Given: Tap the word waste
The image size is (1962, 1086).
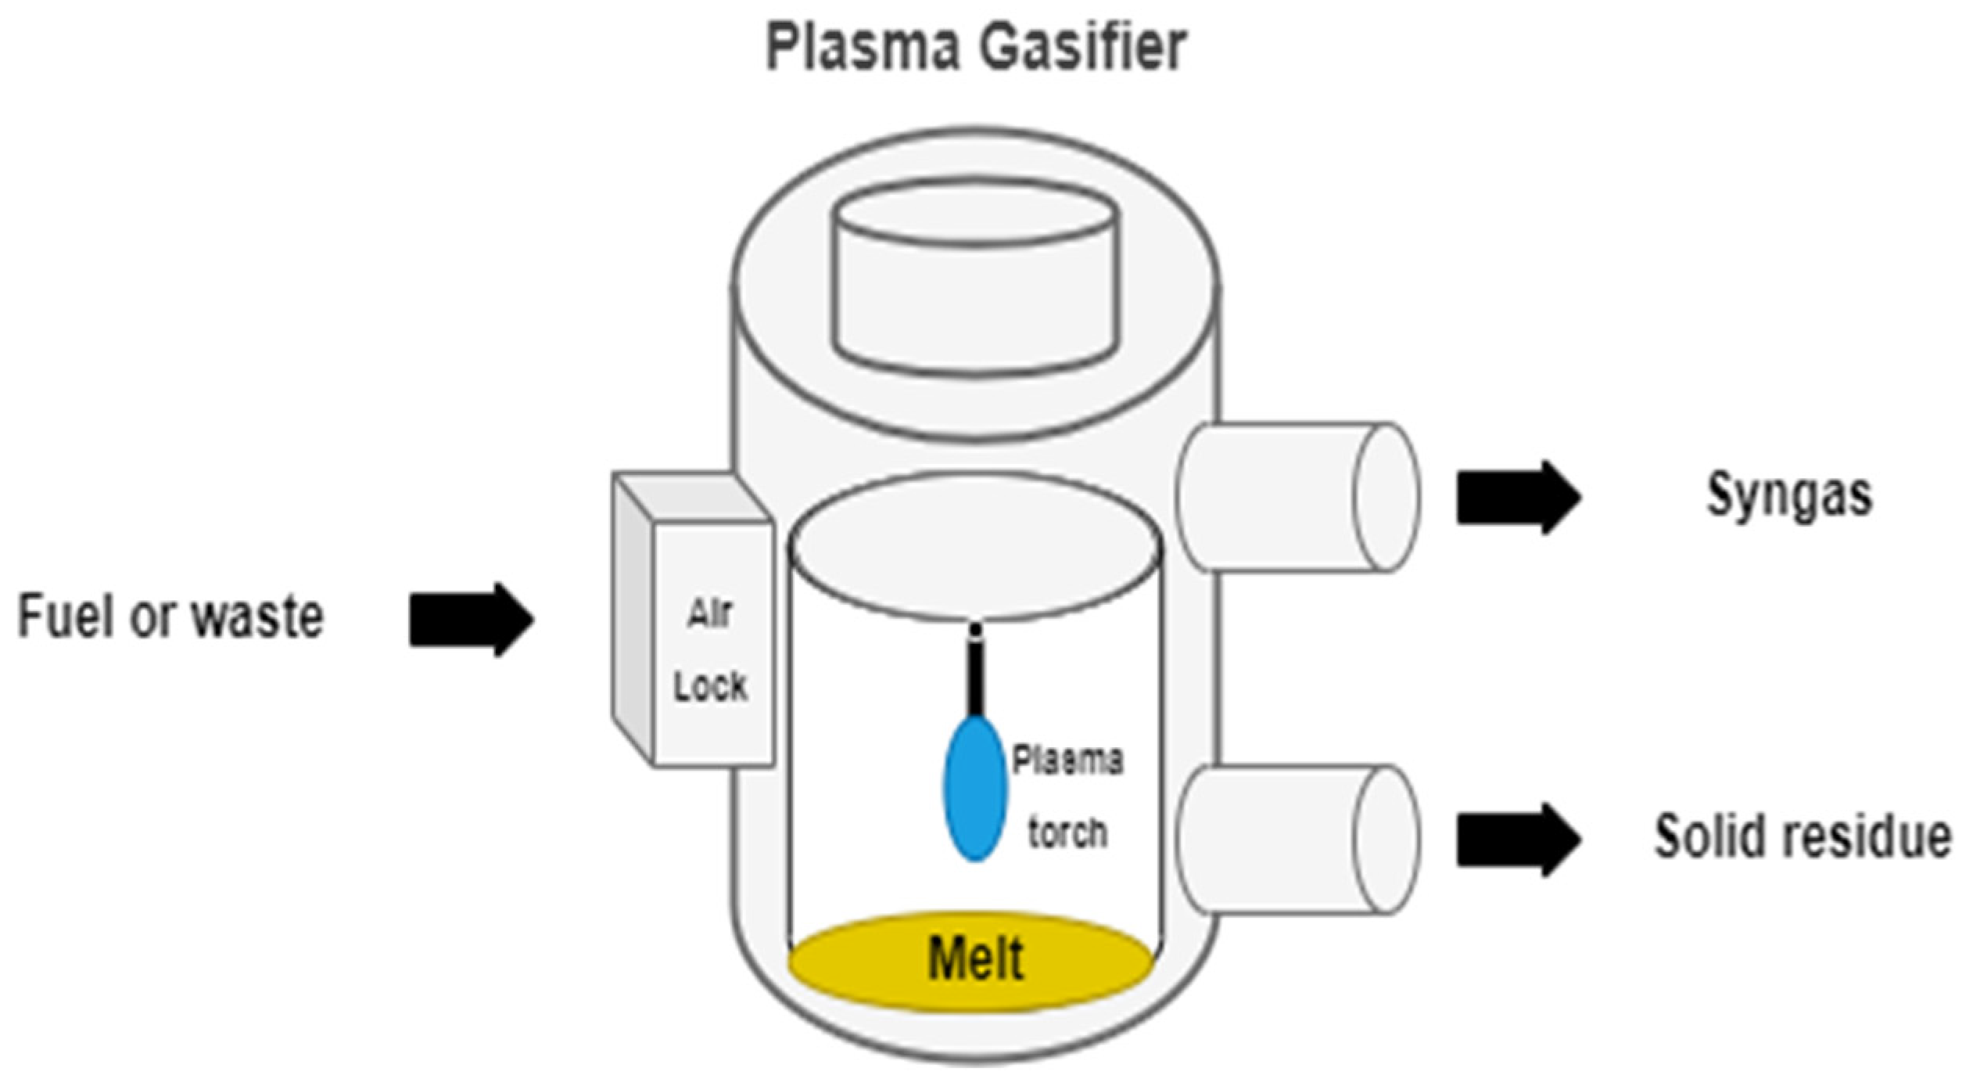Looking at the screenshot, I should point(258,617).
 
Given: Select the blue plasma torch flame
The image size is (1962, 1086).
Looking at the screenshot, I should point(974,790).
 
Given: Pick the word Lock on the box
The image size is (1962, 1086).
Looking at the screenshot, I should point(710,686).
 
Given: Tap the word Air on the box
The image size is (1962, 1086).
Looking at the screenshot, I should point(709,614).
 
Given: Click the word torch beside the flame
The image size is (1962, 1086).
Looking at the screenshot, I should point(1067,833).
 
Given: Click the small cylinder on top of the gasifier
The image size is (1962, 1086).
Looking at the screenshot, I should point(975,282).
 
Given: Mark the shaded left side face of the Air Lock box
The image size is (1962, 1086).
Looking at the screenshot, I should point(632,618).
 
